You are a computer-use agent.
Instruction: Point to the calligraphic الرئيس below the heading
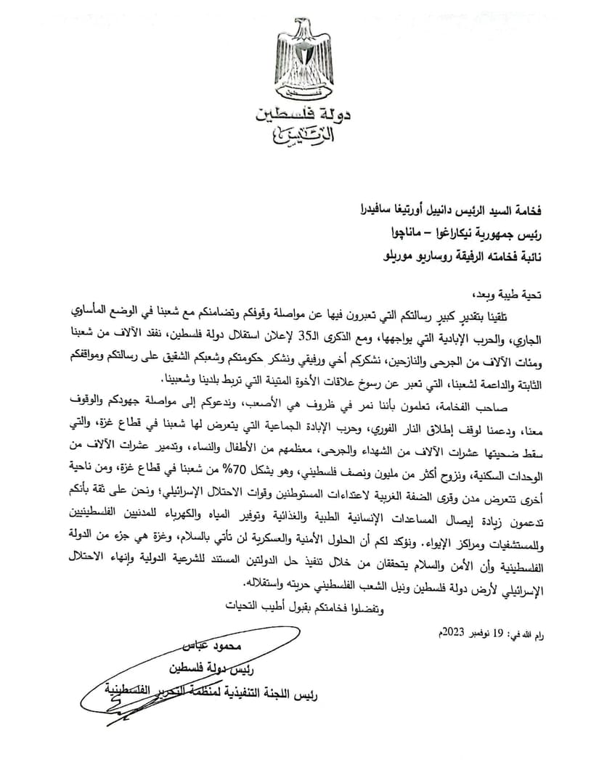coord(299,136)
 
